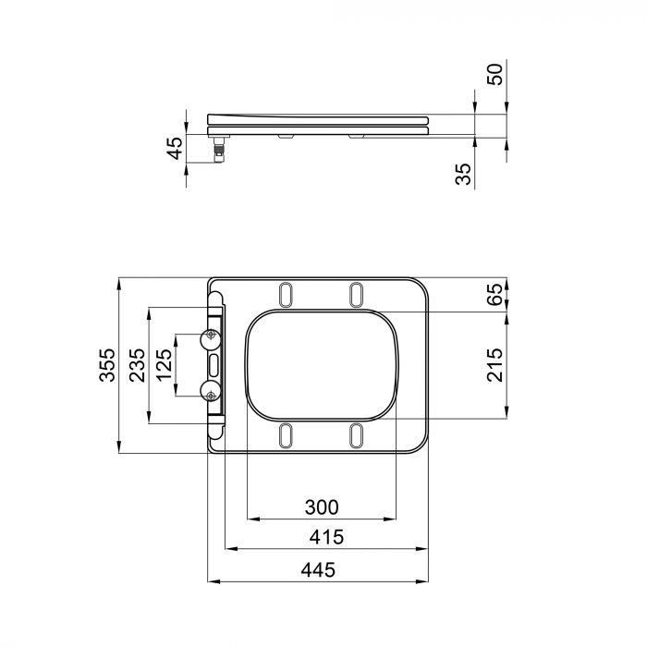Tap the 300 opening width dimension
click(321, 507)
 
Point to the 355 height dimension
click(107, 365)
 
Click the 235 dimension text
click(137, 365)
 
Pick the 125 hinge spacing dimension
click(165, 365)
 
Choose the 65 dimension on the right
click(495, 295)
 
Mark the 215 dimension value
click(495, 366)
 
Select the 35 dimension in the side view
click(465, 173)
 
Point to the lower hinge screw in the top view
click(212, 396)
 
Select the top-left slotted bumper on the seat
click(286, 292)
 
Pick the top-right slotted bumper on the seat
click(357, 292)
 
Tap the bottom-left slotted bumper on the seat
click(286, 433)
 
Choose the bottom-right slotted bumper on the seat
click(357, 433)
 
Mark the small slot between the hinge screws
click(214, 365)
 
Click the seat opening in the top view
click(321, 364)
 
